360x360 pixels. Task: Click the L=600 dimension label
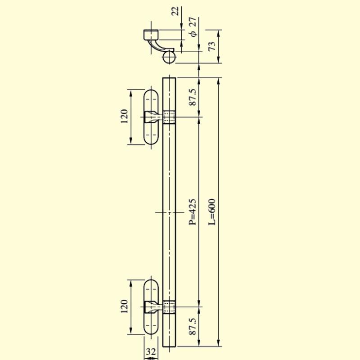click(212, 211)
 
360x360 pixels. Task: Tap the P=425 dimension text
click(193, 211)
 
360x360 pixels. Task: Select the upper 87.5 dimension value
click(193, 97)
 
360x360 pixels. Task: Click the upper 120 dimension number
click(124, 116)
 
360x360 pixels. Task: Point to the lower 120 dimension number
click(124, 306)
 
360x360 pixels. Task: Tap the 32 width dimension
click(151, 351)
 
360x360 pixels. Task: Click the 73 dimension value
click(212, 46)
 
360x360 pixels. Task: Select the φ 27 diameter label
click(193, 27)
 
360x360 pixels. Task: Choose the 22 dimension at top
click(175, 11)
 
